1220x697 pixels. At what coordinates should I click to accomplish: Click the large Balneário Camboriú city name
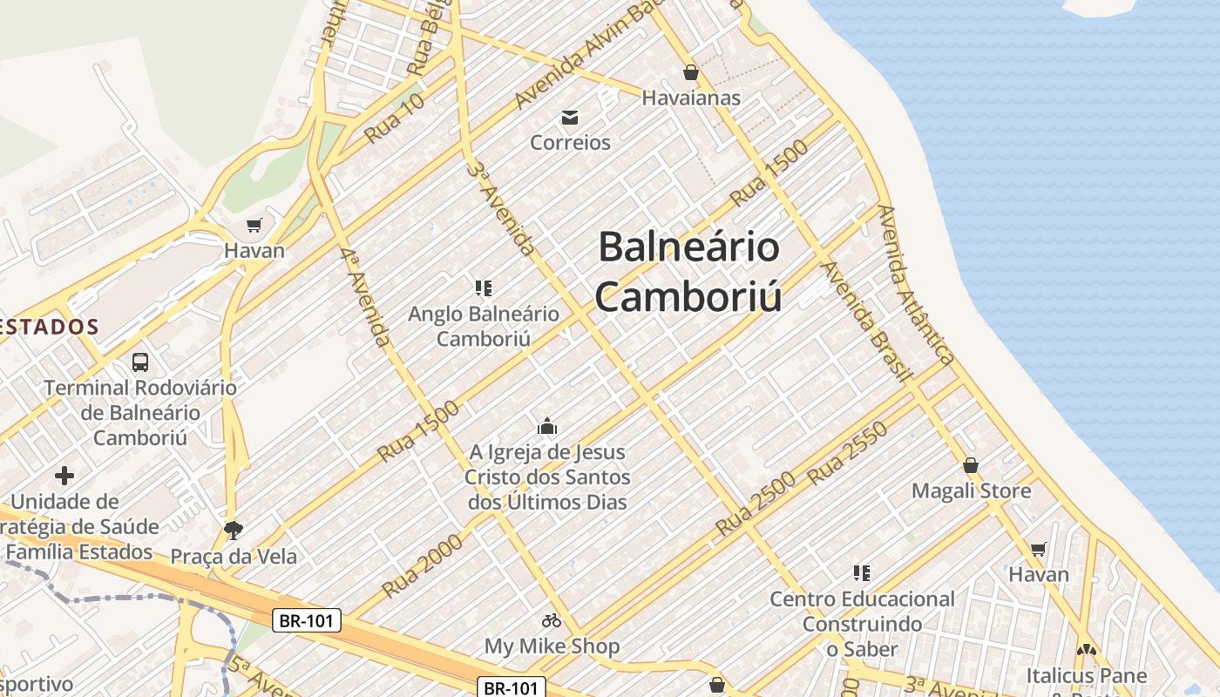688,271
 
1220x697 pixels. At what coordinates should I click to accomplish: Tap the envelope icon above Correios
570,117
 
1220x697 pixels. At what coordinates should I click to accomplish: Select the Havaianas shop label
691,98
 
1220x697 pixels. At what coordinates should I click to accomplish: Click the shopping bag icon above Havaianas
691,72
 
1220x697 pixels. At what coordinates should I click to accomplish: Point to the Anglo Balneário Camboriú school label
484,326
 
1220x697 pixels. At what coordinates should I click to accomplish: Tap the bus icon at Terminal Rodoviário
139,362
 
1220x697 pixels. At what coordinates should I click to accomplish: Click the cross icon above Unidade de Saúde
64,476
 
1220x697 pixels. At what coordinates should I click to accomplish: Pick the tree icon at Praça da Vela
233,529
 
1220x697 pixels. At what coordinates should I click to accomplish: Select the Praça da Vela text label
234,556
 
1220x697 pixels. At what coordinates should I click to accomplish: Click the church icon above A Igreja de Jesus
547,426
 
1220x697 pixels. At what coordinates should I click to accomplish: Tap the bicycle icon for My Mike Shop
552,620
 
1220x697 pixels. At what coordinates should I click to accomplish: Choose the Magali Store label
971,491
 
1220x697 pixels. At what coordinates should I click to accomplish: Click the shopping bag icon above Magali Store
971,465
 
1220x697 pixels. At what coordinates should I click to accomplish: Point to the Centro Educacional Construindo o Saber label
862,624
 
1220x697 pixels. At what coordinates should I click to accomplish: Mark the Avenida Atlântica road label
916,285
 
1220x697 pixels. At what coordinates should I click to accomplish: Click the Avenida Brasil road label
867,321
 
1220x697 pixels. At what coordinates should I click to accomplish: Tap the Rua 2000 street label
422,565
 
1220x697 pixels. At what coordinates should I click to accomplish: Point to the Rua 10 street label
394,118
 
